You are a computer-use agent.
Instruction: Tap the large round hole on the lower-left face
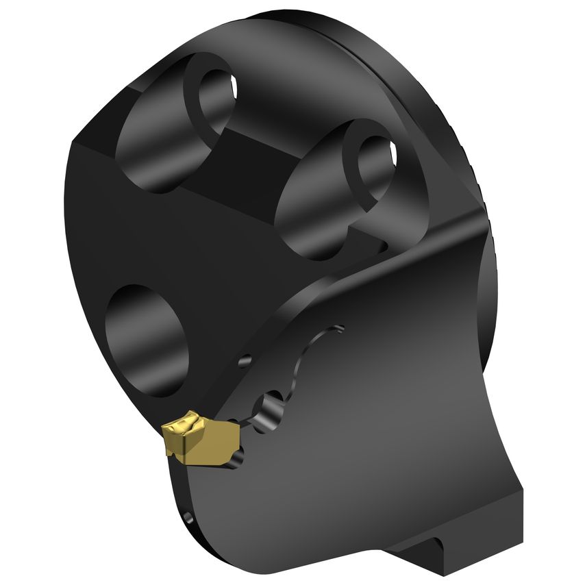(x=147, y=339)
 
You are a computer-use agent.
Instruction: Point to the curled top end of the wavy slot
(x=336, y=330)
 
